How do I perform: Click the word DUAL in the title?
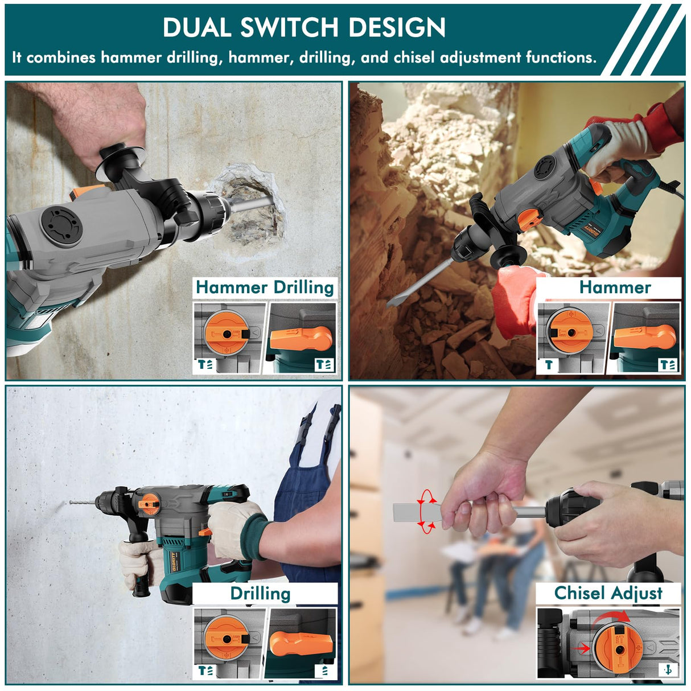(x=196, y=27)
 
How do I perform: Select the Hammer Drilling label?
(x=265, y=287)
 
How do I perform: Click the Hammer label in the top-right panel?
(x=615, y=287)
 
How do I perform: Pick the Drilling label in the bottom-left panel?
(x=260, y=593)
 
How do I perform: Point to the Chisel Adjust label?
(x=608, y=593)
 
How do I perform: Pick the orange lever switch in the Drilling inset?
(x=301, y=642)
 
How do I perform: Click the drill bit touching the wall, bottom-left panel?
(x=83, y=503)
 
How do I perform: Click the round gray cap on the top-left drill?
(x=61, y=227)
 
